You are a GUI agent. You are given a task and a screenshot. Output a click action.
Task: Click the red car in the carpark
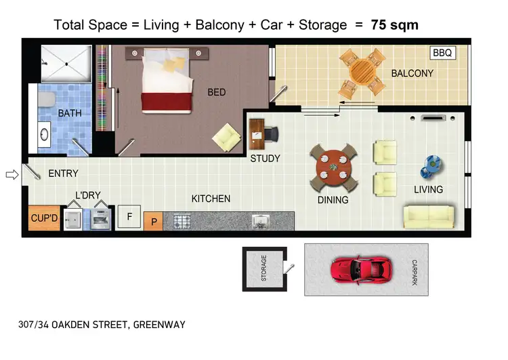point(362,270)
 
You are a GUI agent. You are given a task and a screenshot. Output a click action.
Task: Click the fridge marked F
point(129,217)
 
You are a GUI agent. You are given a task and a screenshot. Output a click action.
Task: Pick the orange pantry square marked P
point(153,221)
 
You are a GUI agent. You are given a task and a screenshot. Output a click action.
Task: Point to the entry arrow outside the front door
point(11,175)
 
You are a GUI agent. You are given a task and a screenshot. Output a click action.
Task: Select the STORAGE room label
point(263,268)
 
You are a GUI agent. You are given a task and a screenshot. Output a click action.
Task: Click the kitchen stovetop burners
point(181,220)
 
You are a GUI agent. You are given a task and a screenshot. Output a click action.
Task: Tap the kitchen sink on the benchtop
point(262,220)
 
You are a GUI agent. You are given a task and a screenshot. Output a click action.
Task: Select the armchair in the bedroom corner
point(226,138)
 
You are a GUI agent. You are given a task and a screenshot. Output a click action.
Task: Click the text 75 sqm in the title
point(394,26)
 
